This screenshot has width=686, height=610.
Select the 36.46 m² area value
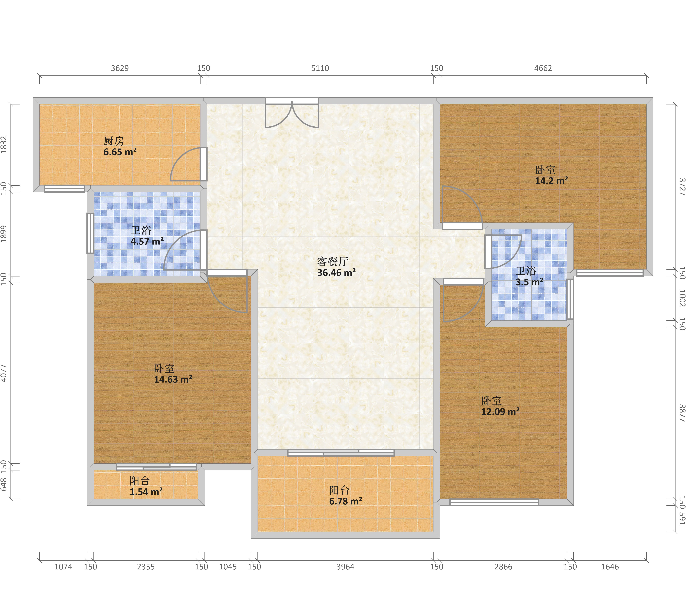336,273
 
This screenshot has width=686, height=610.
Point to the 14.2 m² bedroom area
551,181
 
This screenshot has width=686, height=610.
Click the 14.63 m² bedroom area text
173,379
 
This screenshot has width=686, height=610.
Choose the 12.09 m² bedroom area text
500,412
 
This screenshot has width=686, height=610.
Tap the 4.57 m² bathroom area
147,241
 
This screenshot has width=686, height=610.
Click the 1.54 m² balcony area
146,492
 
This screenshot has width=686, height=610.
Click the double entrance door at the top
292,112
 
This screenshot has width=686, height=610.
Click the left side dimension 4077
4,373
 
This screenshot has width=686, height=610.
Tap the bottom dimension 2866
503,567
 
